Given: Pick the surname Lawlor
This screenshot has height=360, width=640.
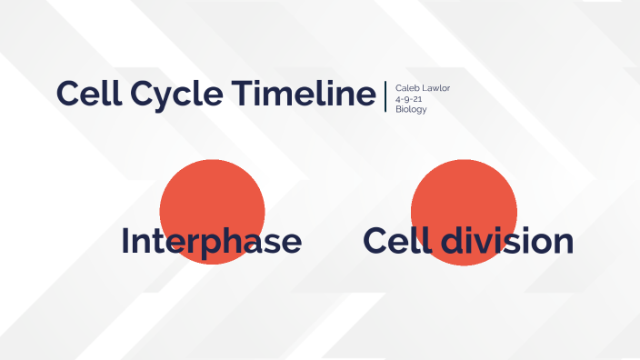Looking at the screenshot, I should click(435, 88).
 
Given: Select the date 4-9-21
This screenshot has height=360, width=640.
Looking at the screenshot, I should click(408, 98).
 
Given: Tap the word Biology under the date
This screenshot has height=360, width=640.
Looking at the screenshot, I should click(411, 109).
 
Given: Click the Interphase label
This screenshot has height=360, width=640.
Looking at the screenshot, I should click(211, 242).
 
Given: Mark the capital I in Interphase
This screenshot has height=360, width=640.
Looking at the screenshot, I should click(125, 242).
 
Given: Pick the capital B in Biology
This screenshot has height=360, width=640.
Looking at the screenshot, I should click(398, 109).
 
